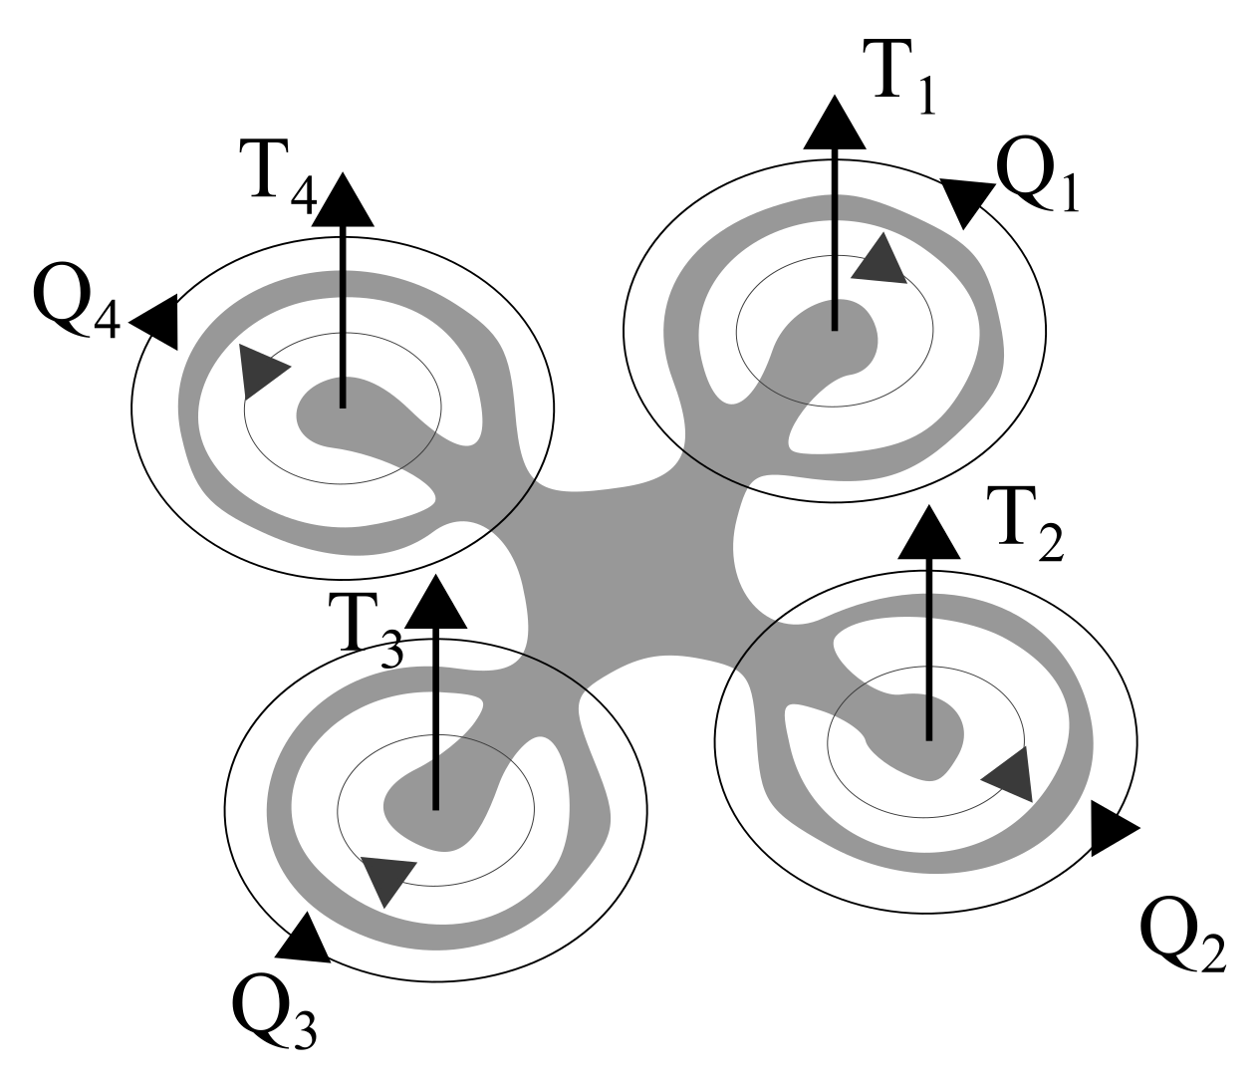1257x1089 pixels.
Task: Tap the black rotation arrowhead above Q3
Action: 305,940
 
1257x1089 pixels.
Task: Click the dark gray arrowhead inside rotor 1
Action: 880,261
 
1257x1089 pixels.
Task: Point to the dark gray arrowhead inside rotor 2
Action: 1009,774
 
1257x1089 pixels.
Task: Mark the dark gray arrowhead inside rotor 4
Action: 262,371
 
